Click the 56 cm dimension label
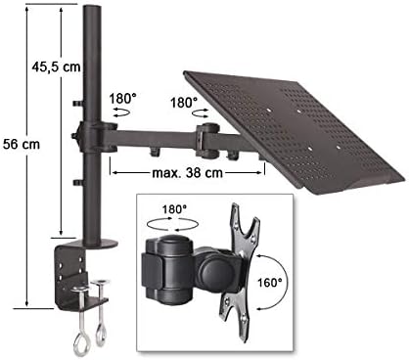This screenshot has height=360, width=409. pos(22,144)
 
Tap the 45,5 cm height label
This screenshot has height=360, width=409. pos(56,67)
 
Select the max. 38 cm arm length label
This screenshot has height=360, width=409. pos(188,172)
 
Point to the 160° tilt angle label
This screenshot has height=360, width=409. pos(270,283)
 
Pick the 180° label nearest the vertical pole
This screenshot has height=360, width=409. pos(122,98)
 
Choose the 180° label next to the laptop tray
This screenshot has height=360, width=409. pos(184,103)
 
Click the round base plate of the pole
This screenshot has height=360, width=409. pos(98,243)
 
